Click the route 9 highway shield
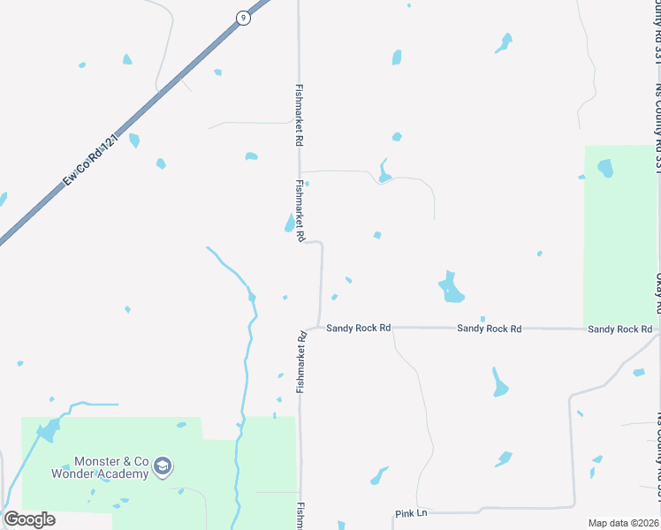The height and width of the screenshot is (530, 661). (242, 17)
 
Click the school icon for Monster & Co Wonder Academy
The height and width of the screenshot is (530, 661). (162, 466)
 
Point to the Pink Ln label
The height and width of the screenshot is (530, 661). (411, 513)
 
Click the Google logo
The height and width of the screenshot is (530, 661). (29, 519)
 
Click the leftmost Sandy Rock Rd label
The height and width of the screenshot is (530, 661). (358, 328)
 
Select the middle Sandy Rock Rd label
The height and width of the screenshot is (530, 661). (489, 329)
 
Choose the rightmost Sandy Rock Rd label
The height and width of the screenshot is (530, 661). (619, 329)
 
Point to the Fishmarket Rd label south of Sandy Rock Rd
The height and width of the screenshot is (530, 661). (301, 362)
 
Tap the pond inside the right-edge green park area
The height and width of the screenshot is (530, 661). (605, 167)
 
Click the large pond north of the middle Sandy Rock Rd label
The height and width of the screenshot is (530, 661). (451, 288)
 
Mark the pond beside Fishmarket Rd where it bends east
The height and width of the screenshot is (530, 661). (290, 223)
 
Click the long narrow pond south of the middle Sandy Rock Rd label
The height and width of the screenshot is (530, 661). (499, 382)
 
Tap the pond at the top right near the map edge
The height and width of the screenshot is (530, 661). (505, 42)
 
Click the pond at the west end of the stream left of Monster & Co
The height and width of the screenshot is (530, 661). (48, 430)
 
